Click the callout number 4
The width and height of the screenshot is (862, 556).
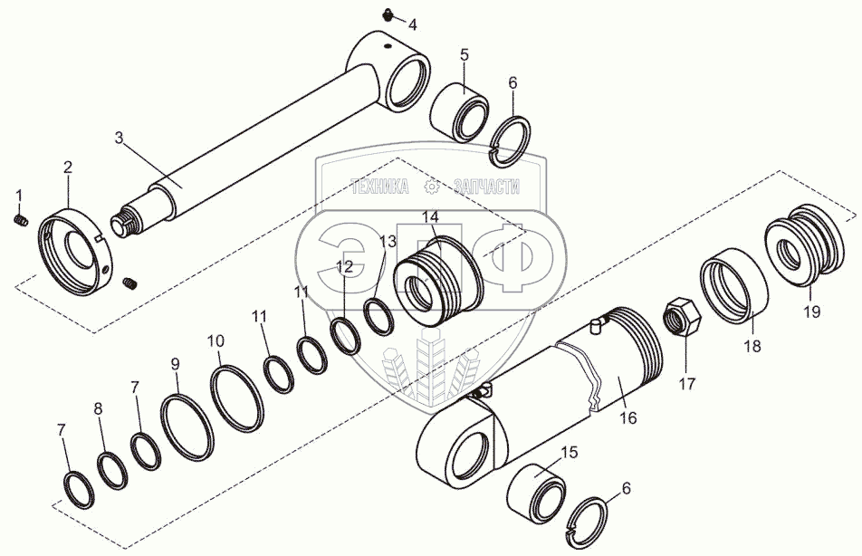[412, 24]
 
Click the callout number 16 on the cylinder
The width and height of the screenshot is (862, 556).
[627, 417]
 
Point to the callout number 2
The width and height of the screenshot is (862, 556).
[67, 167]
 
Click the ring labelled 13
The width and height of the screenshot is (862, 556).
[378, 314]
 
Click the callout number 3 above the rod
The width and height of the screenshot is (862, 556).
[119, 138]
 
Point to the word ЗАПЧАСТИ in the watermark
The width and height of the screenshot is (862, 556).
[485, 187]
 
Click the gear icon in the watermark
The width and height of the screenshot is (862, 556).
[432, 187]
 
